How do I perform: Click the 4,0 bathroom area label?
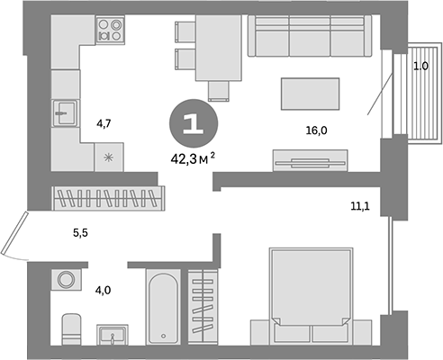tap(104, 290)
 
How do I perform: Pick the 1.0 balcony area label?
tap(420, 67)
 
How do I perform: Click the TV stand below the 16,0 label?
tap(309, 163)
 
